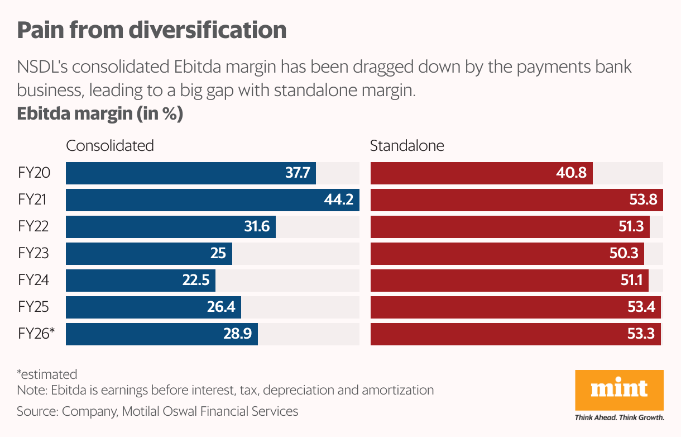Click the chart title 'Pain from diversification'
(x=151, y=30)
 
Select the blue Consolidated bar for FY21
(x=212, y=200)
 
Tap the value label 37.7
(x=298, y=173)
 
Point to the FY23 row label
(x=33, y=254)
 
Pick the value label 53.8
(x=642, y=200)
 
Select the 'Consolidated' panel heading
(x=109, y=146)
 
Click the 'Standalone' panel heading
(x=407, y=146)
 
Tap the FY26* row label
(x=36, y=334)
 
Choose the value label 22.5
(x=195, y=281)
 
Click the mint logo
(x=619, y=389)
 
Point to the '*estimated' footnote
(x=47, y=374)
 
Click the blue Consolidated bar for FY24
(x=140, y=281)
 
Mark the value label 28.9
(x=238, y=334)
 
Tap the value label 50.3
(x=624, y=254)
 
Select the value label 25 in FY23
(x=218, y=254)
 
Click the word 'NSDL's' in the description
(x=42, y=68)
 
